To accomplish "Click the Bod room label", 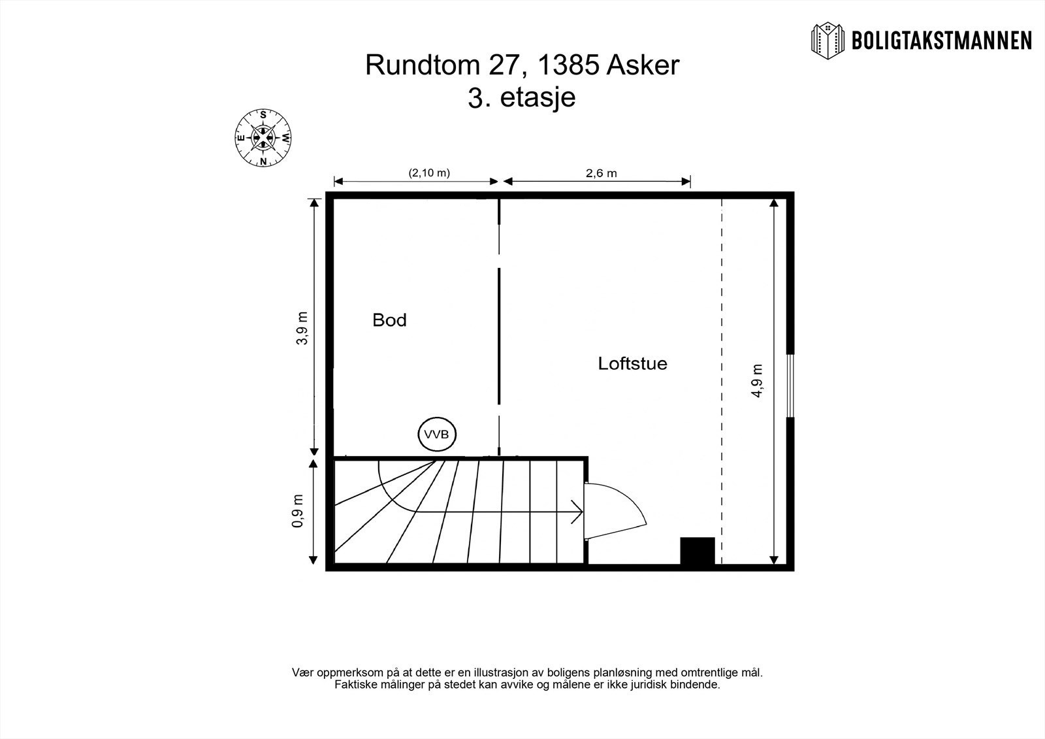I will coord(389,320).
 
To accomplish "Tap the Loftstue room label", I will coord(632,363).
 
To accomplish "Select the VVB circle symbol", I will coord(437,435).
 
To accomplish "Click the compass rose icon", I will coord(263,138).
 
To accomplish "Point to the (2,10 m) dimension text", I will coord(429,173).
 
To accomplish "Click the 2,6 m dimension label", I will coord(601,173).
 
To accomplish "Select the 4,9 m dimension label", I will coord(757,381).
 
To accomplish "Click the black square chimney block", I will coord(697,551).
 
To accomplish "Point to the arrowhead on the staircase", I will coord(577,512).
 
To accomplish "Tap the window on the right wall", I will coord(790,386).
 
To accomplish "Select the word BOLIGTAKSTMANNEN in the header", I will coord(941,41).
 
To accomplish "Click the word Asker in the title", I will coord(643,66).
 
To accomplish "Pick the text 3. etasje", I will coord(522,98).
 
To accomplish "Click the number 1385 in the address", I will coord(568,66).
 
